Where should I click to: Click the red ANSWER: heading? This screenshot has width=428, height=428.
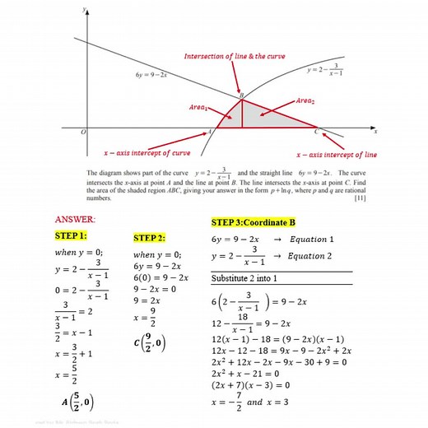74,220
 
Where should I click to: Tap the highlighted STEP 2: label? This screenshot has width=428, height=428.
149,238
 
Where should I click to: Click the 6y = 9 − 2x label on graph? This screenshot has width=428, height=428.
151,75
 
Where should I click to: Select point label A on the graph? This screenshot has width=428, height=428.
208,131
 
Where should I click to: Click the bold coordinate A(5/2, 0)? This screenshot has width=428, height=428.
77,402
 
